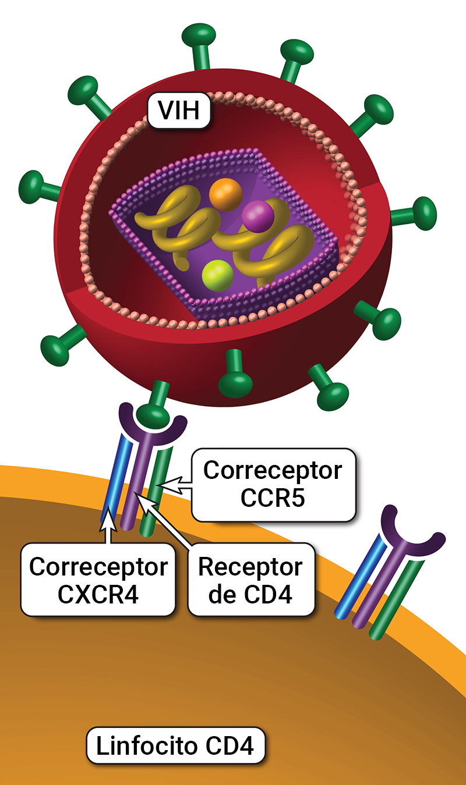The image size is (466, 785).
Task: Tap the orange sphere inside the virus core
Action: (x=225, y=194)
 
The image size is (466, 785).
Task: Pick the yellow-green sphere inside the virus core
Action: (x=217, y=276)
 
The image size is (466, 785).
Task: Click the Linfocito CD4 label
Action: (x=175, y=746)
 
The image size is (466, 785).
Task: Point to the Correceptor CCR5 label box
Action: (x=273, y=484)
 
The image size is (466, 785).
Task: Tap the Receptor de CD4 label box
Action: (x=250, y=580)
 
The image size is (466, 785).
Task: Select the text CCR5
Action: (x=273, y=499)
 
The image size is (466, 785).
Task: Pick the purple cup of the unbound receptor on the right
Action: (x=412, y=527)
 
